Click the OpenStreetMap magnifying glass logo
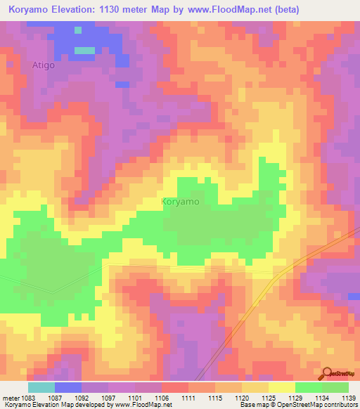[328, 374]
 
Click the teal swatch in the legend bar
[41, 387]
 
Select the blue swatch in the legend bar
[68, 387]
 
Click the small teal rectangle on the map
[84, 50]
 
